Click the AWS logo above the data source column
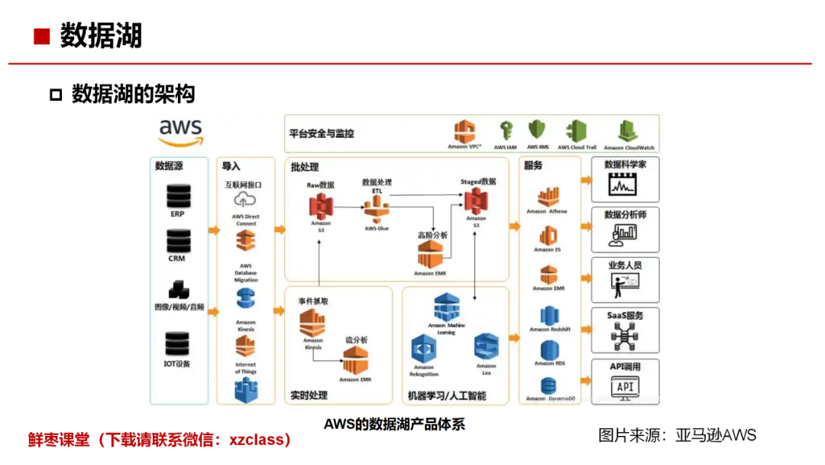181,132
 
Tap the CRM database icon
177,242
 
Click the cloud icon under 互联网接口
244,200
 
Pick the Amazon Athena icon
548,197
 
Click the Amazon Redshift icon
549,314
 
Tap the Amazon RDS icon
549,350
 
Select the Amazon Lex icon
485,347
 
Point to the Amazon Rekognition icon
423,349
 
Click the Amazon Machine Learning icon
446,307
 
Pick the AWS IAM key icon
505,130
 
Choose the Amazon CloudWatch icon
629,131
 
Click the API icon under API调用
625,387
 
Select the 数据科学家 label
625,164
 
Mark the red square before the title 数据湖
41,37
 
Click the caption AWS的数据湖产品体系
394,424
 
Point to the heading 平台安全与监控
321,133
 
